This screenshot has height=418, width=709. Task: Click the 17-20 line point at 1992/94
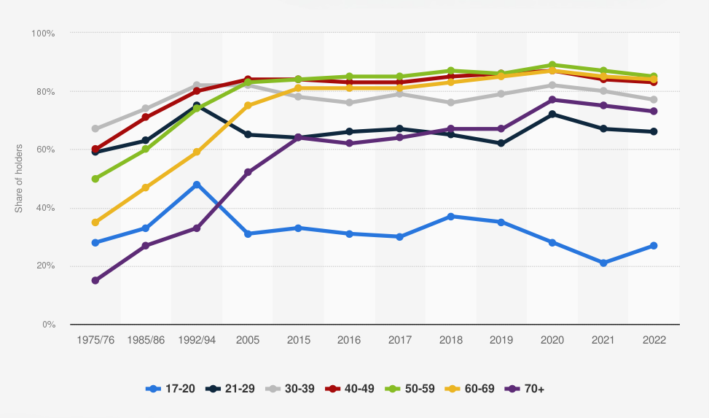tap(197, 185)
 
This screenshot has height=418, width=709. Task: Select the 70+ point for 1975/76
tap(95, 280)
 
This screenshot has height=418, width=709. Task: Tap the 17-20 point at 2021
tap(603, 263)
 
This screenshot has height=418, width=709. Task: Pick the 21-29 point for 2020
tap(552, 115)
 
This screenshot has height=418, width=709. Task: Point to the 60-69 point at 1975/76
tap(95, 222)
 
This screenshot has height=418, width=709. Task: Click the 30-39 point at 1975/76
tap(95, 129)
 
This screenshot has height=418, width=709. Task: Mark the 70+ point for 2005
tap(248, 173)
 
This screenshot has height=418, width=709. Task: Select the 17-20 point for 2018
tap(451, 217)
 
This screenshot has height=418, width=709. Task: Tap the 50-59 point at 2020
tap(552, 65)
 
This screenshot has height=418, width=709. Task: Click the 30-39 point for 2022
tap(654, 100)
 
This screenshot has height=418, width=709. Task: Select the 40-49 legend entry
tap(350, 388)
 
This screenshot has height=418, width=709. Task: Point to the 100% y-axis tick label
tap(44, 34)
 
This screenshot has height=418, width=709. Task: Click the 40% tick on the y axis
tap(46, 208)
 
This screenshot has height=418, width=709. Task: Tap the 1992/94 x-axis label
tap(197, 340)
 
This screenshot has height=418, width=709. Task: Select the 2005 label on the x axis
tap(248, 340)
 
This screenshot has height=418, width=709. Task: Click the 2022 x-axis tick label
tap(654, 340)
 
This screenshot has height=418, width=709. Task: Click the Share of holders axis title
tap(19, 179)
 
